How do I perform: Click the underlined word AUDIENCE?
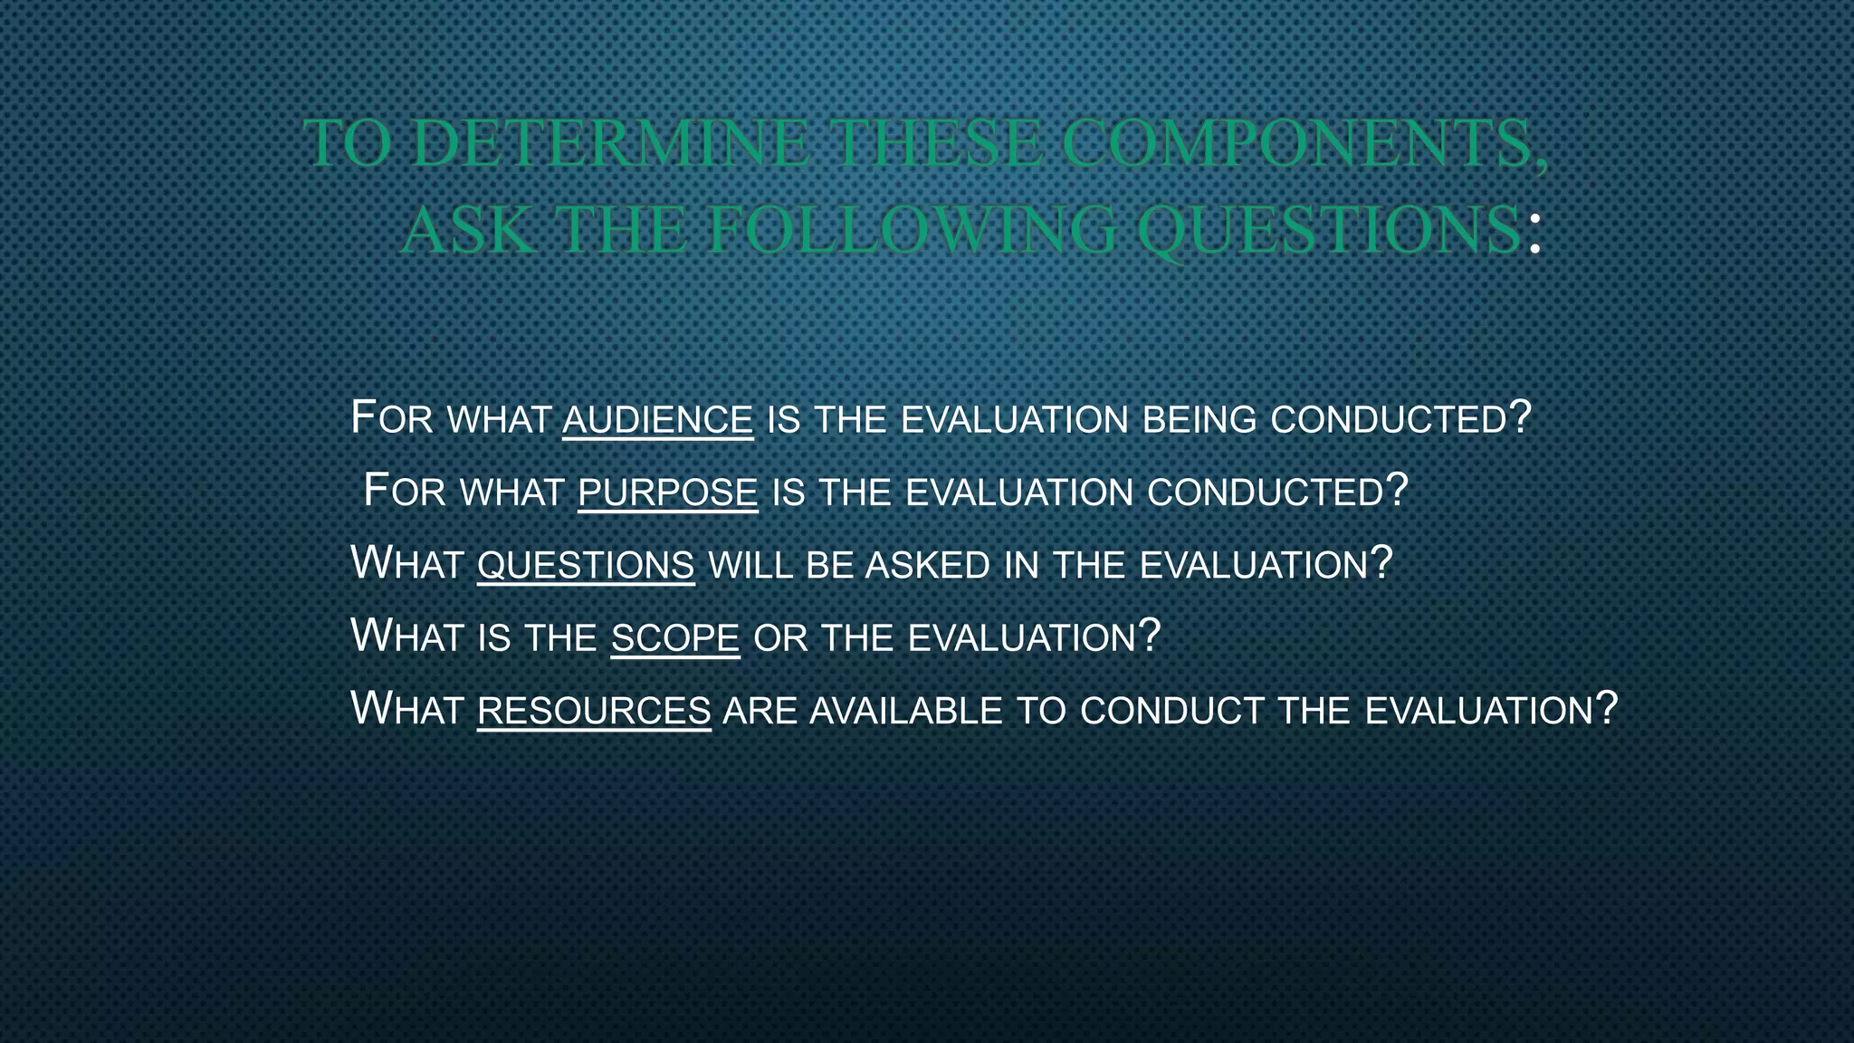[x=657, y=420]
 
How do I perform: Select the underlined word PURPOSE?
[x=667, y=493]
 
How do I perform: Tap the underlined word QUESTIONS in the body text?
[x=586, y=565]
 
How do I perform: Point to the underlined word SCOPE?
[x=675, y=637]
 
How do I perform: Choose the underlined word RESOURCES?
[x=594, y=710]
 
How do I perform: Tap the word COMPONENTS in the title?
[x=1304, y=144]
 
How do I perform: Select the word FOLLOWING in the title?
[x=913, y=231]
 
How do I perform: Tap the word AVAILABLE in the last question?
[x=906, y=710]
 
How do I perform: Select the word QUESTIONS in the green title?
[x=1329, y=231]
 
